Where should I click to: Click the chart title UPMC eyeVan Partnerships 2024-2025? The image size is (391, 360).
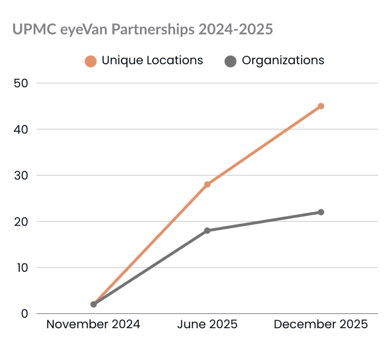tap(143, 29)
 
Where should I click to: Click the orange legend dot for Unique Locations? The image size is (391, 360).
tap(91, 61)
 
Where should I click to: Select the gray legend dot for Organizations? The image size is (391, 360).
tap(230, 61)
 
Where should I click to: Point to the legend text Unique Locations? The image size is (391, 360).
tap(152, 60)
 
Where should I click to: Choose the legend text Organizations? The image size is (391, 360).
tap(283, 60)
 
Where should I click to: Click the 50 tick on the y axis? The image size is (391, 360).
tap(21, 83)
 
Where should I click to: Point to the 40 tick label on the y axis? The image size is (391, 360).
tap(21, 129)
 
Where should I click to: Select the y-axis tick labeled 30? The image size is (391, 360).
tap(21, 176)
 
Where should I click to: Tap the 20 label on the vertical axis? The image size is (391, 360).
tap(21, 222)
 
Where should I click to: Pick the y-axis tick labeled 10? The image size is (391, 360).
tap(21, 268)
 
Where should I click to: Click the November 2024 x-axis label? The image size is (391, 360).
tap(93, 324)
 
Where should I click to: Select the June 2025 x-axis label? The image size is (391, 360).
tap(207, 324)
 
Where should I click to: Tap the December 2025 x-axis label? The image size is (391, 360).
tap(321, 324)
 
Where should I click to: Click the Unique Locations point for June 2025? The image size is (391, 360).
tap(207, 184)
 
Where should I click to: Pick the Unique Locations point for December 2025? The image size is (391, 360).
tap(321, 106)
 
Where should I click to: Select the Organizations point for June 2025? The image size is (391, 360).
tap(207, 231)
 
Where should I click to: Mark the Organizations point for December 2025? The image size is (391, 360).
tap(321, 212)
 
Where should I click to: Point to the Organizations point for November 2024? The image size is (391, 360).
tap(94, 305)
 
